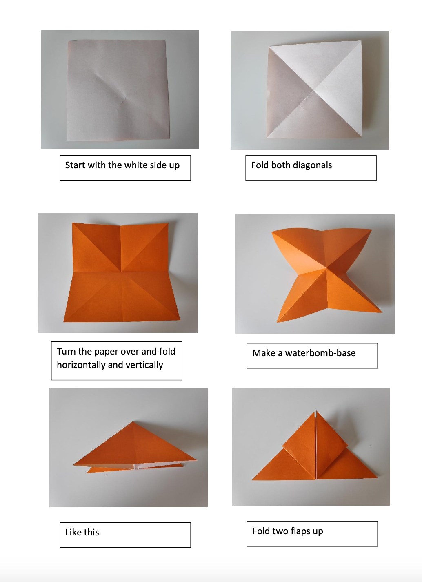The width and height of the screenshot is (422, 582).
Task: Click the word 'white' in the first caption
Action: pos(135,165)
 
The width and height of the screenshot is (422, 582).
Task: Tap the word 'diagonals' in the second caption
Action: pos(312,165)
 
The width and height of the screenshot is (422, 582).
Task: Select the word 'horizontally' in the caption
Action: pos(81,365)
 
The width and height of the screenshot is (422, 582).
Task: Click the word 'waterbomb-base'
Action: pos(320,353)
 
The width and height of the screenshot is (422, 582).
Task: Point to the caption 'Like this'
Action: pos(82,533)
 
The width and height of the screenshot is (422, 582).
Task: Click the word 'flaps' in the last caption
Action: pos(300,531)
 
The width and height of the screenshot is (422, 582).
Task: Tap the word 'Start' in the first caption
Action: pos(75,165)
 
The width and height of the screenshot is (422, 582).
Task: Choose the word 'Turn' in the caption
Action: pos(66,352)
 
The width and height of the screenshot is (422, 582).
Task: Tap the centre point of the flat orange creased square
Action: pos(121,272)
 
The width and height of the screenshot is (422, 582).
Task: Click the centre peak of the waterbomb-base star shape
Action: pos(326,268)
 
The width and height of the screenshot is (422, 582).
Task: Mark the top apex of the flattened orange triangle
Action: pos(133,421)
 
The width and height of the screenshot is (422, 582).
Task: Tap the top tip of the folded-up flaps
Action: pos(316,411)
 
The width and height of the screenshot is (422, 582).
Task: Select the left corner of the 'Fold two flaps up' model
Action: pos(253,480)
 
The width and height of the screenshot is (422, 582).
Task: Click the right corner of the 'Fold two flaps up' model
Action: pos(378,477)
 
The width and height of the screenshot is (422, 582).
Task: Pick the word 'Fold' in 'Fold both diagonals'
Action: pos(260,165)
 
